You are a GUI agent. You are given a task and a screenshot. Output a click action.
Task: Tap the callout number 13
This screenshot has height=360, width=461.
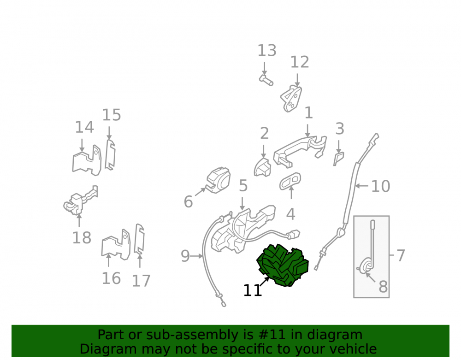pos(267,51)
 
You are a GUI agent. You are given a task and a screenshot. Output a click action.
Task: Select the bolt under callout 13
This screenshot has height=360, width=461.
pos(266,80)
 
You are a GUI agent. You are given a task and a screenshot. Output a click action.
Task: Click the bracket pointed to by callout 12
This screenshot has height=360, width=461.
pos(291,99)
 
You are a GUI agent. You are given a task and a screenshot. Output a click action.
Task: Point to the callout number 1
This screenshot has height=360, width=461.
pos(308,113)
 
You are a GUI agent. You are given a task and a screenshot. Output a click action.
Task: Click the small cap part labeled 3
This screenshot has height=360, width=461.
pos(339,159)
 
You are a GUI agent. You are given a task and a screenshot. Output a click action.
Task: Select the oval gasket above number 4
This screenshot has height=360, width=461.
pos(290,181)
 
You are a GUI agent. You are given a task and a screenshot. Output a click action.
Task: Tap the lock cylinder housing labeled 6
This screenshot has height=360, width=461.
pos(218,180)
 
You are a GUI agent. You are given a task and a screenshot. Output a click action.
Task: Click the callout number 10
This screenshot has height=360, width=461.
pos(381,186)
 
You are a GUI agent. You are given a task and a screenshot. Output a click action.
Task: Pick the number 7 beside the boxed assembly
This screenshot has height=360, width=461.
pos(401,255)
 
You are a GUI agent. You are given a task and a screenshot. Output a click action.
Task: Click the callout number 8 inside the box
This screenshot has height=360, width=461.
pos(383,287)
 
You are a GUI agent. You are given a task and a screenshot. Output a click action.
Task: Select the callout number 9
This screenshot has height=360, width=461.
pos(185,256)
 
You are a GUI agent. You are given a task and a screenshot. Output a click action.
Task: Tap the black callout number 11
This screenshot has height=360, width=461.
pos(253,290)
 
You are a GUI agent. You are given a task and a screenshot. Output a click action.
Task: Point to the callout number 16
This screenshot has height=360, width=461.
pos(111,278)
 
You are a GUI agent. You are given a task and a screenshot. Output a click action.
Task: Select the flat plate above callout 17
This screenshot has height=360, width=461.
pos(139,240)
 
